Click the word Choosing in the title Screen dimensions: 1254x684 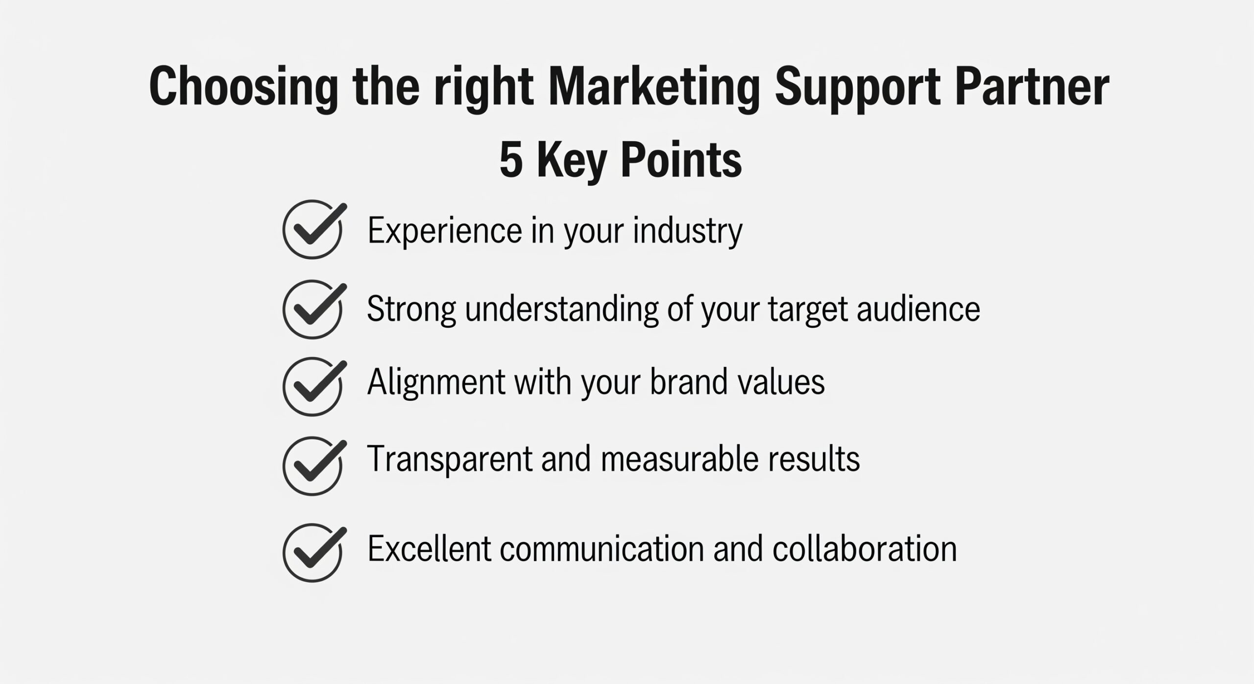[243, 88]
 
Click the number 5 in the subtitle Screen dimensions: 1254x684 [511, 160]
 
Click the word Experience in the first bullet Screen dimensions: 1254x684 [445, 231]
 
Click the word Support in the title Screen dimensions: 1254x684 [858, 88]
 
